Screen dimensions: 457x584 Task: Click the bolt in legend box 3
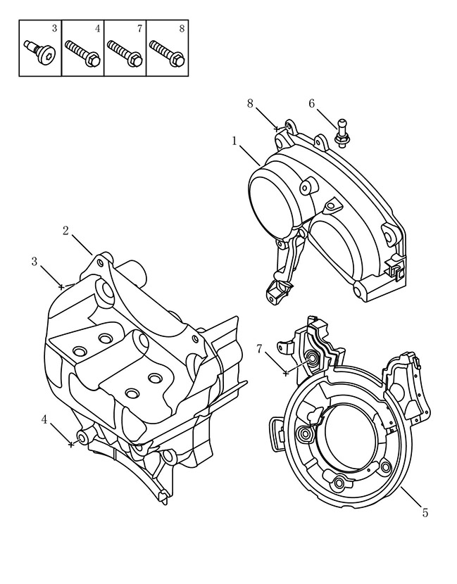pyautogui.click(x=39, y=50)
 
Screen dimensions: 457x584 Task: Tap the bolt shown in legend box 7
pyautogui.click(x=125, y=53)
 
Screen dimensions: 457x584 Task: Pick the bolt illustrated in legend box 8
pyautogui.click(x=167, y=53)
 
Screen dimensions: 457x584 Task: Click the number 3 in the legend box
pyautogui.click(x=54, y=29)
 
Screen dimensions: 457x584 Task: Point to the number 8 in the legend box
pyautogui.click(x=182, y=29)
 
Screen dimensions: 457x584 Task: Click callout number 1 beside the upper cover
pyautogui.click(x=234, y=141)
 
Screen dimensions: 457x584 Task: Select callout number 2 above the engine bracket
pyautogui.click(x=65, y=231)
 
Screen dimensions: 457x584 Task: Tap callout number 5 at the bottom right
pyautogui.click(x=425, y=512)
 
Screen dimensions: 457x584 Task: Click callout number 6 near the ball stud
pyautogui.click(x=312, y=103)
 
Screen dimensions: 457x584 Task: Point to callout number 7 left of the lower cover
pyautogui.click(x=259, y=349)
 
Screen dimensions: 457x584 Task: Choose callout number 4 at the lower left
pyautogui.click(x=44, y=420)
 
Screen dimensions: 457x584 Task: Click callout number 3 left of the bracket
pyautogui.click(x=35, y=262)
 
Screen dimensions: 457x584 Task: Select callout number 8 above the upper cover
pyautogui.click(x=250, y=103)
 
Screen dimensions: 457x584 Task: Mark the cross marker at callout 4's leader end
pyautogui.click(x=71, y=444)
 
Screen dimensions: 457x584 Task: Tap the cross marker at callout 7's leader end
pyautogui.click(x=286, y=373)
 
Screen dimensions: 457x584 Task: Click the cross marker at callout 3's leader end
pyautogui.click(x=61, y=287)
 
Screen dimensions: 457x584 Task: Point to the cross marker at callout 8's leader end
pyautogui.click(x=276, y=129)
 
